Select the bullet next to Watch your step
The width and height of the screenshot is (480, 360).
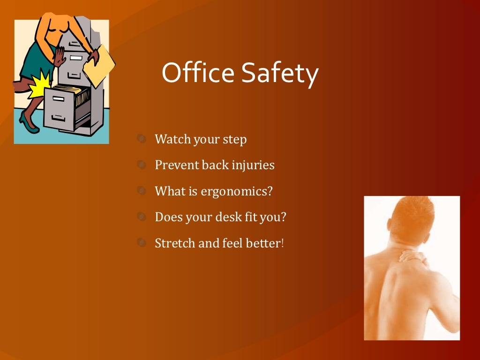point(142,139)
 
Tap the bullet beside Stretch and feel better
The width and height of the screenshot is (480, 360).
point(142,243)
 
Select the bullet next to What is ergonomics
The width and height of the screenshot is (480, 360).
point(142,191)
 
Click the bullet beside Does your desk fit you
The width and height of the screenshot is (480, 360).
point(142,217)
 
